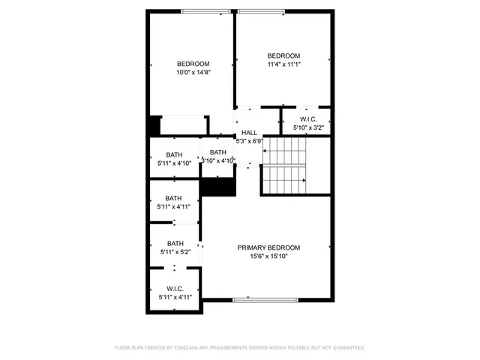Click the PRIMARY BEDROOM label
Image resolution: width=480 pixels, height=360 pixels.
pyautogui.click(x=268, y=247)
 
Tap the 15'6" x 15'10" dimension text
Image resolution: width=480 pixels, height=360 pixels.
pyautogui.click(x=268, y=256)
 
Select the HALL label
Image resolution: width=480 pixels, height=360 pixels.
pyautogui.click(x=249, y=133)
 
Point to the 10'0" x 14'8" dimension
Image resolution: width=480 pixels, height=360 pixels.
pyautogui.click(x=193, y=73)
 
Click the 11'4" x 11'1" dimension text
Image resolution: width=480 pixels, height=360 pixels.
pyautogui.click(x=284, y=65)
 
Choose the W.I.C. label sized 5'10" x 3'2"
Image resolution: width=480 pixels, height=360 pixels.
pyautogui.click(x=308, y=120)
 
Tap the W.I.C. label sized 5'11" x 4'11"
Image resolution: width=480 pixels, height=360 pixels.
pyautogui.click(x=175, y=289)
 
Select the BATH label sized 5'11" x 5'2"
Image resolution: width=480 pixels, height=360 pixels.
pyautogui.click(x=175, y=243)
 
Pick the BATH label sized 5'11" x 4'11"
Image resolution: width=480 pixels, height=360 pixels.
pyautogui.click(x=175, y=199)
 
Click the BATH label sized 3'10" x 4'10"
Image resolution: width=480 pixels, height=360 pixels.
pyautogui.click(x=218, y=152)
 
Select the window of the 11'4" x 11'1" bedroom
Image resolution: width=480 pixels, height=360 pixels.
pyautogui.click(x=261, y=10)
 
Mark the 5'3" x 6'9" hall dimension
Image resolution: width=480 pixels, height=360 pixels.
pyautogui.click(x=249, y=141)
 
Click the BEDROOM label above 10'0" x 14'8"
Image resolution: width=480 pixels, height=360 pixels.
pyautogui.click(x=193, y=64)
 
